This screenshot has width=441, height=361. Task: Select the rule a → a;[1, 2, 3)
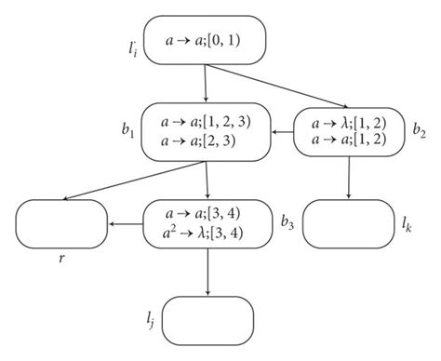coord(207,122)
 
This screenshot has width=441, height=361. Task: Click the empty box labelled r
coord(61,224)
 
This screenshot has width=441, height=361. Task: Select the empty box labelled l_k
coord(348,224)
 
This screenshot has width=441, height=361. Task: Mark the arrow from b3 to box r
coord(125,224)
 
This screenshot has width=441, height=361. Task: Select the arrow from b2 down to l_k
coord(349,177)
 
